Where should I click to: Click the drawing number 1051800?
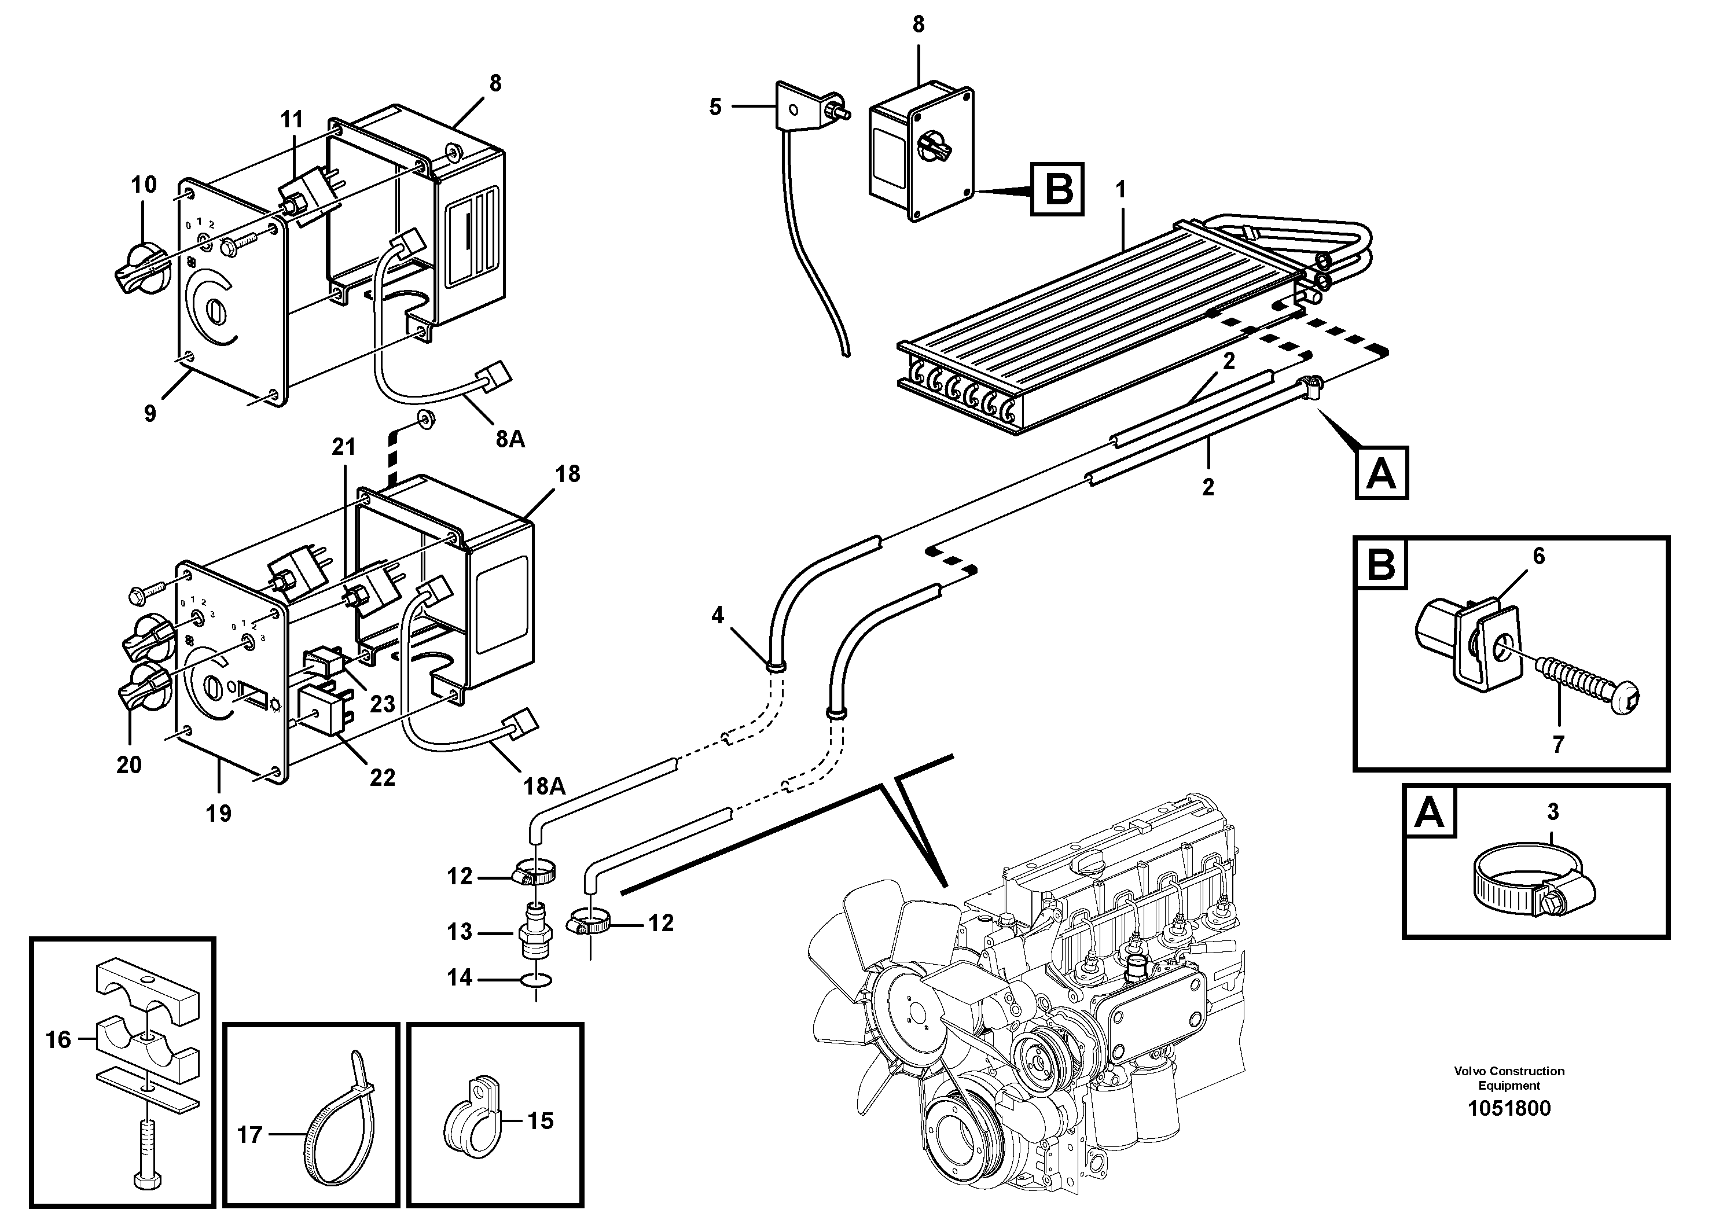click(1508, 1108)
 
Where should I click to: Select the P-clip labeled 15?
click(471, 1119)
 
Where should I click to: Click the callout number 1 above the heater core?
click(1121, 190)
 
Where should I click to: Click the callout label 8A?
click(510, 439)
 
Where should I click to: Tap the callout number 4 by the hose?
click(718, 615)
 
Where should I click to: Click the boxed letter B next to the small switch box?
click(1058, 188)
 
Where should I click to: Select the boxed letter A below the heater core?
click(1382, 473)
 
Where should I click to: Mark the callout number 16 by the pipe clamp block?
click(58, 1039)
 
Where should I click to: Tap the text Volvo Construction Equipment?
click(1508, 1078)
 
